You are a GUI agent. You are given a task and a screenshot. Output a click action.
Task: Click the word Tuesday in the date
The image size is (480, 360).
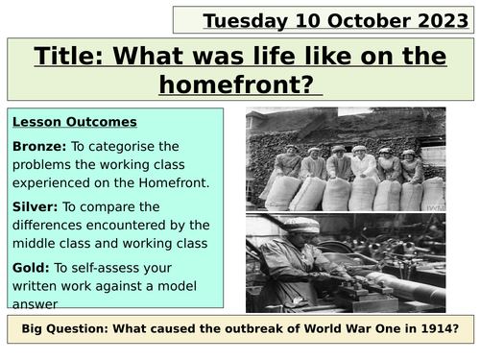(x=244, y=18)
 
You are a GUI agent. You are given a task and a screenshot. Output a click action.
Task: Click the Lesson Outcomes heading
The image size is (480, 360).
(x=75, y=122)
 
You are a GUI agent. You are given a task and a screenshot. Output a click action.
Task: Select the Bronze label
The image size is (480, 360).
(x=39, y=145)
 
